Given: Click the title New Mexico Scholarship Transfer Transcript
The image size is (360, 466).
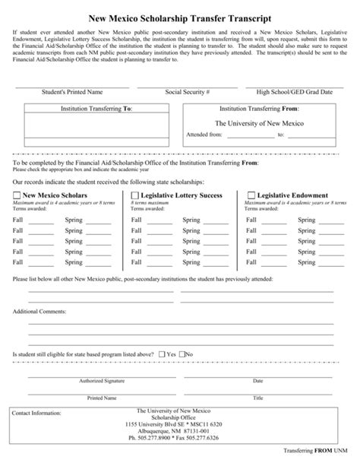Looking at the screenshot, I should (179, 15).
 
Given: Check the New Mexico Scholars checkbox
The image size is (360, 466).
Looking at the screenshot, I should (17, 195).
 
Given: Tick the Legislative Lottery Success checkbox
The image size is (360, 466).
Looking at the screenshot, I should (135, 195).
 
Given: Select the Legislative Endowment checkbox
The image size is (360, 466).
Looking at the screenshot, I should (251, 195).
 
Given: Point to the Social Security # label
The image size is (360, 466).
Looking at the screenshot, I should (187, 92).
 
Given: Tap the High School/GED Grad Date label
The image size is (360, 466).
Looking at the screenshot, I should (295, 92).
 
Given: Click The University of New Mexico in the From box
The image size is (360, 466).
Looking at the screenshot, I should (259, 122).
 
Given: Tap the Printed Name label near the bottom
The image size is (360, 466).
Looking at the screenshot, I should (102, 398).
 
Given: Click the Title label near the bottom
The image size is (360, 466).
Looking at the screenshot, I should (257, 398).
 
